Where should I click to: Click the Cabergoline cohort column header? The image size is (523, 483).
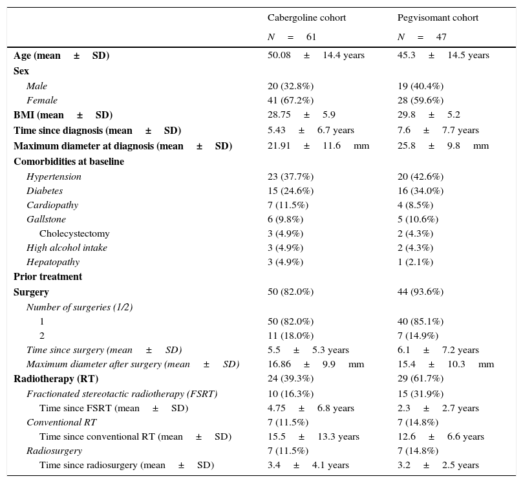coord(306,18)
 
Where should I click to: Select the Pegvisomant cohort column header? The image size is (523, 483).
coord(438,18)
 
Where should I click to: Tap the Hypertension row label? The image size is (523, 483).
coord(54,177)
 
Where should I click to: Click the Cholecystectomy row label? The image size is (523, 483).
coord(74,233)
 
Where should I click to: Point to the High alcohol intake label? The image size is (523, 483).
coord(67,248)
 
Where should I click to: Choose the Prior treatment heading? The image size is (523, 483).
coord(48,277)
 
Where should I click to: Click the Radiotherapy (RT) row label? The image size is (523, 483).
coord(56,379)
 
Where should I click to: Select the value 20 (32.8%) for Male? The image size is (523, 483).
coord(290,86)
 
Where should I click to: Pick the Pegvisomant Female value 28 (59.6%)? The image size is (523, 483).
coord(420,100)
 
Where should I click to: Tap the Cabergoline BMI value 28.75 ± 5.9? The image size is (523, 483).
coord(301,115)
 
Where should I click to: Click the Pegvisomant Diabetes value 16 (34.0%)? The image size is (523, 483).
coord(420,191)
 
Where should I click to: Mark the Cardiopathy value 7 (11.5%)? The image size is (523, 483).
coord(288,205)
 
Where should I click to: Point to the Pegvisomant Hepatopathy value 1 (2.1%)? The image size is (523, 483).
coord(415,262)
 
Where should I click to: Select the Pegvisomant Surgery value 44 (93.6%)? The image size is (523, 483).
coord(420,292)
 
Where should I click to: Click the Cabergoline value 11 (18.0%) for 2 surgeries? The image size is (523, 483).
coord(290,336)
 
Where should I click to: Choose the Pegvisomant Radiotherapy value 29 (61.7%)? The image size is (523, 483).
coord(420,379)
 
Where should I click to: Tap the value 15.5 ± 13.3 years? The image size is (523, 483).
coord(313,437)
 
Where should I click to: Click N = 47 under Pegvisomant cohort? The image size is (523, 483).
coord(422,37)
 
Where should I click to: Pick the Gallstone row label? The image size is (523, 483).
coord(46,219)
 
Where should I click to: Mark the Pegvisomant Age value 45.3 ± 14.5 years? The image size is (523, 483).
coord(443,56)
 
